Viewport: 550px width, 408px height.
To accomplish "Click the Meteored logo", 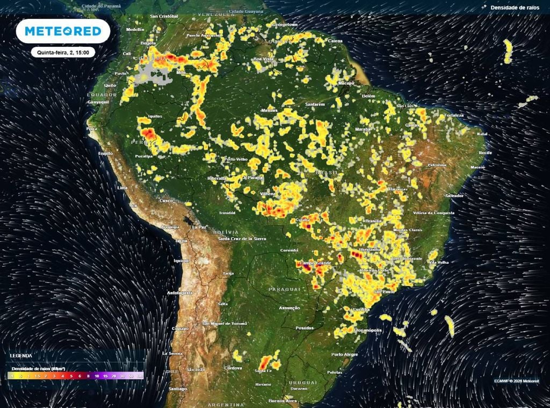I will tap(63, 32).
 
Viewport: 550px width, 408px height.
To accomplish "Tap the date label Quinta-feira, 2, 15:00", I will tap(63, 53).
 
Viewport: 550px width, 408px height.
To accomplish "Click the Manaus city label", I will tap(269, 110).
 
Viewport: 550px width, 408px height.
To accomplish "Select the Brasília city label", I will tap(373, 221).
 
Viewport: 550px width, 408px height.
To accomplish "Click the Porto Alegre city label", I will tap(344, 354).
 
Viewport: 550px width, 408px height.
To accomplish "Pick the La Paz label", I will tap(199, 227).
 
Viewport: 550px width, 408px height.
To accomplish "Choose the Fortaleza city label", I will tap(453, 115).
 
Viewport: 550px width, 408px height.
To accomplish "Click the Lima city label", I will tap(122, 187).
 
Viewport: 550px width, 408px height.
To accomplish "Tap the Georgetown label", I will tap(285, 25).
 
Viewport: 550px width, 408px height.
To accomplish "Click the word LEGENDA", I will tap(20, 355).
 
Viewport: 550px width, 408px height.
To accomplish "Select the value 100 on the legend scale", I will tap(139, 376).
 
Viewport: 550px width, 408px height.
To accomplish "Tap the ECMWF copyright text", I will tap(517, 381).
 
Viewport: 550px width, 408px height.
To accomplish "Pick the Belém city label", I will tap(368, 96).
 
